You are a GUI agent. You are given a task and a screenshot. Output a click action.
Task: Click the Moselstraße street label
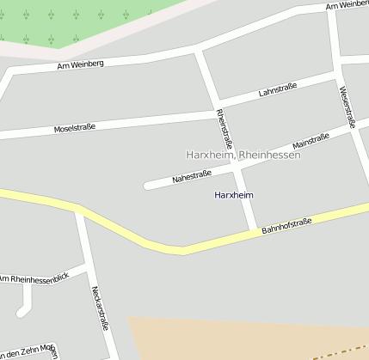point(74,127)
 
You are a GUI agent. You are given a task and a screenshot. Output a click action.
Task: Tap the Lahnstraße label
point(277,90)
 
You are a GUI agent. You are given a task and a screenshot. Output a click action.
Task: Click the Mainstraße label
point(311,141)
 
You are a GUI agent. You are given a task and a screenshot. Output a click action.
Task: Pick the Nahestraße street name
point(191,177)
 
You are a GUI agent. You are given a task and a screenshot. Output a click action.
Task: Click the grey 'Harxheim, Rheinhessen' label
point(243,155)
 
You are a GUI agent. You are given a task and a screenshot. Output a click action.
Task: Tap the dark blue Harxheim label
point(233,195)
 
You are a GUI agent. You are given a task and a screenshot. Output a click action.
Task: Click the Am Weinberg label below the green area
point(80,64)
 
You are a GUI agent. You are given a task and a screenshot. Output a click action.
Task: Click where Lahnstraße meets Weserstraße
point(338,74)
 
